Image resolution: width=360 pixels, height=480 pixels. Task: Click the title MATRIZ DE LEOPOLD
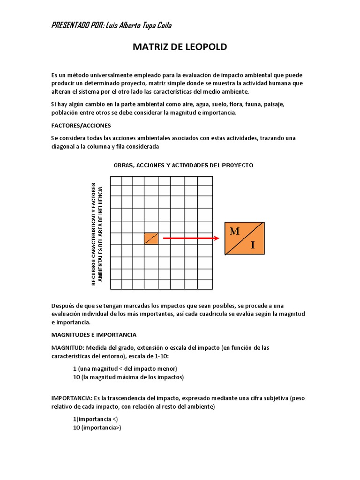pos(180,47)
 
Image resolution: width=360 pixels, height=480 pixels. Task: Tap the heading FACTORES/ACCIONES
pos(80,126)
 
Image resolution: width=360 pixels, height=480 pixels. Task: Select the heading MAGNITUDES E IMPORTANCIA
pos(94,335)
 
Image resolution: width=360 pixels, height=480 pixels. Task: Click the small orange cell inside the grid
pos(151,239)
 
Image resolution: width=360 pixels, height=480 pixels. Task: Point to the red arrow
pos(191,239)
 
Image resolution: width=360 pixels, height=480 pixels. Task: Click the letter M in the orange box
pos(235,231)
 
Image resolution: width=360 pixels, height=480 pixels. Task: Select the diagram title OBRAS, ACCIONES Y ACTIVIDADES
pos(183,165)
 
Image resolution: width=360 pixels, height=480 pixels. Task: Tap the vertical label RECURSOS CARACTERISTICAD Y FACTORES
pos(94,233)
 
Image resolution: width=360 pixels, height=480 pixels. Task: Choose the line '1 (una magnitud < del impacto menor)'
pos(125,368)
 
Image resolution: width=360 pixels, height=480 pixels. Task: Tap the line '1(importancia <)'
pos(96,419)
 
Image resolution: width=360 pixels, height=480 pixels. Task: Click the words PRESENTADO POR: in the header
pos(77,25)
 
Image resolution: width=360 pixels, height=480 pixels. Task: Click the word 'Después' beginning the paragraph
pos(62,306)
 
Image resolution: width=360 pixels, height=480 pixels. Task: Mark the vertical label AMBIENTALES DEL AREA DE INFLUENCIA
pos(100,233)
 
